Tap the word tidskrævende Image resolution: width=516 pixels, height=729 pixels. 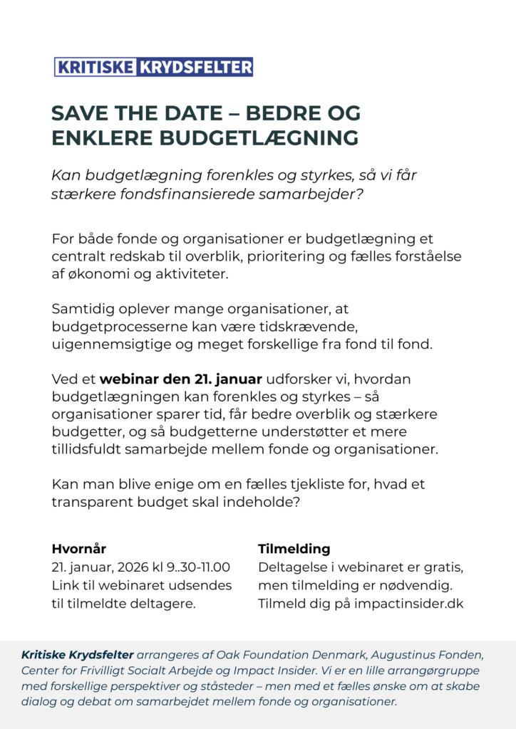pos(309,327)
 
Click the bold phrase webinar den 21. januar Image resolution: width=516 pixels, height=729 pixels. pos(181,379)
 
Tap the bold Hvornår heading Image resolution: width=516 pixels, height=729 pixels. pos(79,549)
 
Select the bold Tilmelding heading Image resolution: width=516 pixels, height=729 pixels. pos(294,549)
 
